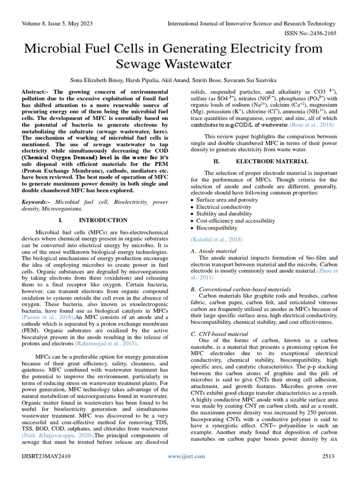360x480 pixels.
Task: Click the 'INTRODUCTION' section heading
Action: (103, 220)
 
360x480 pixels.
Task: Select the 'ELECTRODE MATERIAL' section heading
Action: (265, 161)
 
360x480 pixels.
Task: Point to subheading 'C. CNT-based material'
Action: (219, 333)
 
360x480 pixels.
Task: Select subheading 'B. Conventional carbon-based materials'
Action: (240, 289)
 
